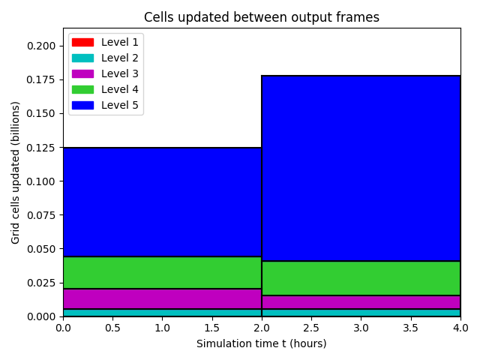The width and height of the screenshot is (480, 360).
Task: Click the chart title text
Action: (x=262, y=17)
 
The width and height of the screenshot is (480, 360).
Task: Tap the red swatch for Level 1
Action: (x=82, y=42)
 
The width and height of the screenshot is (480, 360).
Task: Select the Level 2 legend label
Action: (x=120, y=58)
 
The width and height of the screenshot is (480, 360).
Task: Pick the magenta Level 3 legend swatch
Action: (x=82, y=73)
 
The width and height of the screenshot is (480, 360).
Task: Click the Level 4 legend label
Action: (x=120, y=89)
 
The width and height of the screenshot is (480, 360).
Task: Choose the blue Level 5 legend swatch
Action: (x=82, y=105)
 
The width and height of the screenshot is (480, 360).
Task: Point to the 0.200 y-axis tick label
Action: (x=41, y=46)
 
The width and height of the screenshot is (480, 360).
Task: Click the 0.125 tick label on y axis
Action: (x=41, y=148)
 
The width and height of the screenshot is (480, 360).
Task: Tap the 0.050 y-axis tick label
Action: (x=41, y=249)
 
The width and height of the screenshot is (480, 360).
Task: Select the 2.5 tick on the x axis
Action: (x=311, y=328)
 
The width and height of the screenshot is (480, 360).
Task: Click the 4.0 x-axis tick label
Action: (x=460, y=328)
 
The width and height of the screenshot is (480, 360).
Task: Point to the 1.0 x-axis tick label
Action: (x=162, y=328)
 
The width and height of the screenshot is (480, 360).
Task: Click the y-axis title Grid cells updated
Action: (x=15, y=172)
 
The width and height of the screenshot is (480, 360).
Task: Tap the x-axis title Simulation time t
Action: (x=262, y=343)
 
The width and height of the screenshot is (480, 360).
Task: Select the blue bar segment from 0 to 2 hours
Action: (x=162, y=202)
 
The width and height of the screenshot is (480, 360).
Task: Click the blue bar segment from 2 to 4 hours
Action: (x=361, y=168)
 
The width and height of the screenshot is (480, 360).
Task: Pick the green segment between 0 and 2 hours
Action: (x=162, y=272)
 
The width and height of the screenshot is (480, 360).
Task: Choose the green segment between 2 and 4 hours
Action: (x=361, y=278)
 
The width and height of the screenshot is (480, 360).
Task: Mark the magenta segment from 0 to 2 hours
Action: (x=162, y=298)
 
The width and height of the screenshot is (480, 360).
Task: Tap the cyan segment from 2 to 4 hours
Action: (x=361, y=313)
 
